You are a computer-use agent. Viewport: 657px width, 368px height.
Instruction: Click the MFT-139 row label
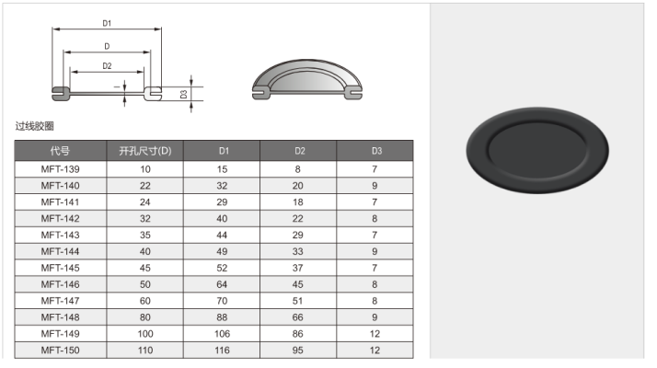[x=61, y=169]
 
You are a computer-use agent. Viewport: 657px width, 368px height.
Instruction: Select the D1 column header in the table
[x=225, y=151]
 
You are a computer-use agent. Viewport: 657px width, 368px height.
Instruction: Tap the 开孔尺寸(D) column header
[x=145, y=151]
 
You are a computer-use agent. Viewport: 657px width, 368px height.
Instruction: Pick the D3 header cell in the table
[x=376, y=151]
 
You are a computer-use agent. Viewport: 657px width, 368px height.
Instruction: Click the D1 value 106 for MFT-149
[x=222, y=334]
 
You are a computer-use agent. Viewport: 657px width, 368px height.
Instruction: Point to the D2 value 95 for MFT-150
[x=298, y=351]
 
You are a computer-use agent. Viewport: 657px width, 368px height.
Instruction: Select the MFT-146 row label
[x=61, y=284]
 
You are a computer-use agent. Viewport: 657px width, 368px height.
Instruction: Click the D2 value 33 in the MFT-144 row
[x=298, y=251]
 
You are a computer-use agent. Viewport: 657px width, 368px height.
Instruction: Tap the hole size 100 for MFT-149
[x=145, y=334]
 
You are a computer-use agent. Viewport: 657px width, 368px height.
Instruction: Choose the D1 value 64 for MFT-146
[x=222, y=284]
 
